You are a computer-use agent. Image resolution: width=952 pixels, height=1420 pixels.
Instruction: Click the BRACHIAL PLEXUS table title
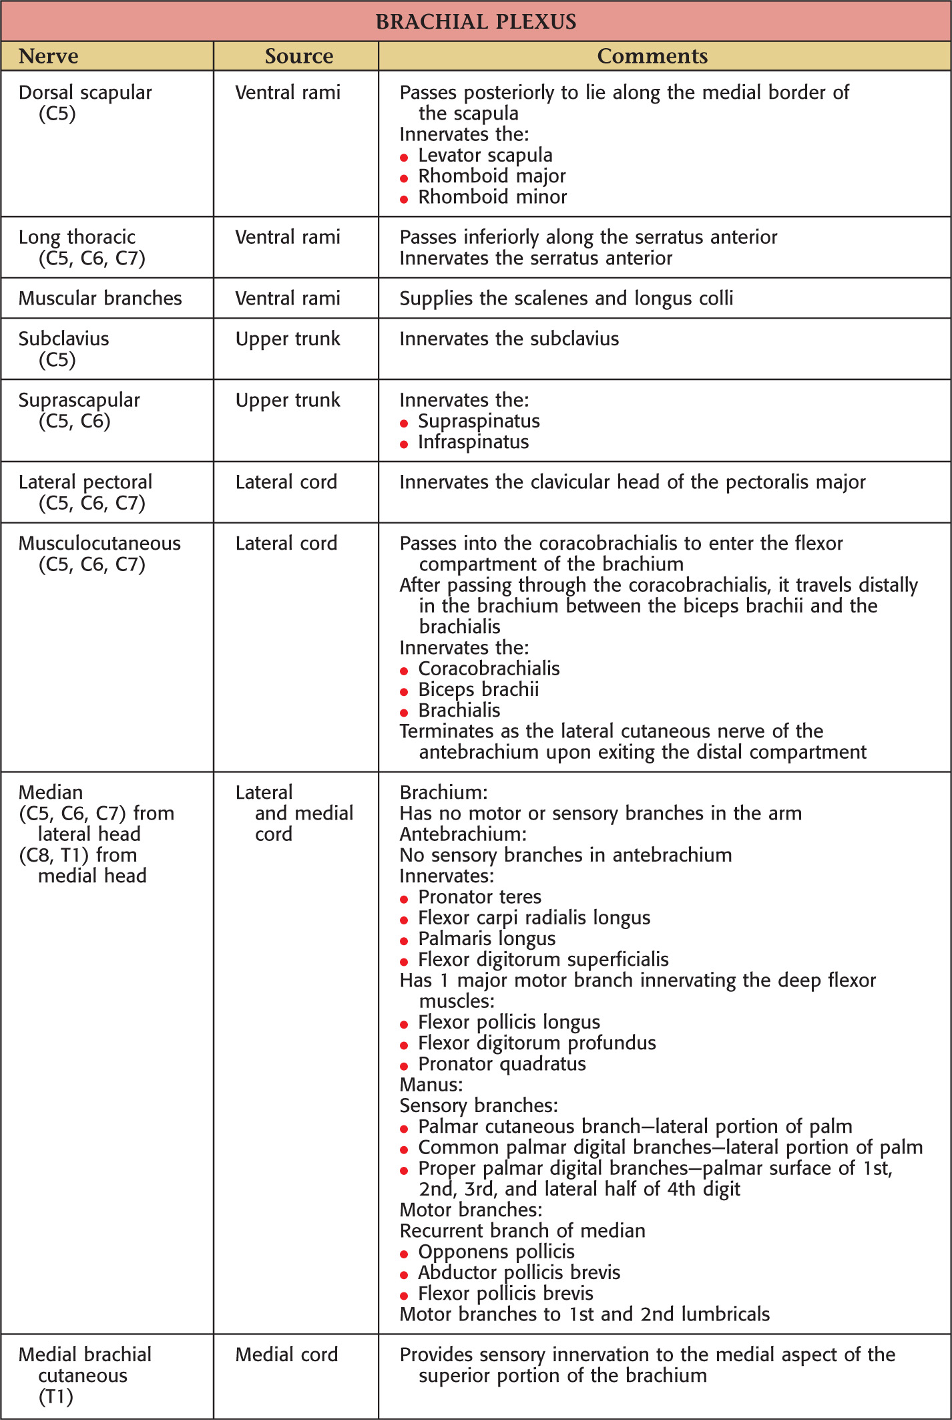coord(476,21)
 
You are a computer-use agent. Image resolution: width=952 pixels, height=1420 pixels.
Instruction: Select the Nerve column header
coord(48,56)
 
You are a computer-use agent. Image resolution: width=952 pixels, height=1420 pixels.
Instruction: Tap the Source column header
coord(298,56)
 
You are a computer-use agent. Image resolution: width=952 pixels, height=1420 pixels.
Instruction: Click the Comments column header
coord(652,56)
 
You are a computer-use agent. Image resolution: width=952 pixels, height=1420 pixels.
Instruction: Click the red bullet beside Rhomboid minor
coord(404,199)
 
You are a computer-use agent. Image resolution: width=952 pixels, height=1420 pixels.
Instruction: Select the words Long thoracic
coord(77,237)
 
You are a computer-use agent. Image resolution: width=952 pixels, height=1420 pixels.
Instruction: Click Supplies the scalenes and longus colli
coord(566,298)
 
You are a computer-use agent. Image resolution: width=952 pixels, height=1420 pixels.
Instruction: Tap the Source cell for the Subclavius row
coord(288,339)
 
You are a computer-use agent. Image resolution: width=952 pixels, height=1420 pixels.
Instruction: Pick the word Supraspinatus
coord(479,421)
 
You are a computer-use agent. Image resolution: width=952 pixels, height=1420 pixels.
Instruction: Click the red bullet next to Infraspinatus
coord(404,444)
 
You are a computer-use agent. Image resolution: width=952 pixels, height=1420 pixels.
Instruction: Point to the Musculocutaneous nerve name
coord(99,543)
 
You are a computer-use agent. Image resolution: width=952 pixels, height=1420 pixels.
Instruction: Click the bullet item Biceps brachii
coord(478,689)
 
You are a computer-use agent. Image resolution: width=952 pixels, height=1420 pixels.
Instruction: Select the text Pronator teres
coord(479,896)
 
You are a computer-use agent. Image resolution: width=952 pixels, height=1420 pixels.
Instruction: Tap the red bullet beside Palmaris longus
coord(404,941)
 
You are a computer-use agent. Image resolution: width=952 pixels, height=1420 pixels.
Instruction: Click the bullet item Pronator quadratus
coord(501,1063)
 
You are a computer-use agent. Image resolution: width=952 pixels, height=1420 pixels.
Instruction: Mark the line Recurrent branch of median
coord(522,1230)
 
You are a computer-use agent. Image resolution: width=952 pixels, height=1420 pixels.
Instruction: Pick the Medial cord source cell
coord(286,1354)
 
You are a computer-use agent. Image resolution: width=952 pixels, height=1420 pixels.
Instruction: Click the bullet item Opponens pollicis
coord(496,1251)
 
